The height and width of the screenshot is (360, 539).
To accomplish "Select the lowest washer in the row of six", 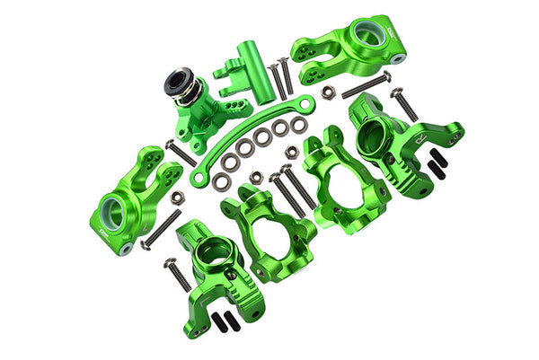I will [x=218, y=182].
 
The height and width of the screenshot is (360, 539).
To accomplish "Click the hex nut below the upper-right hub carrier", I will [x=329, y=91].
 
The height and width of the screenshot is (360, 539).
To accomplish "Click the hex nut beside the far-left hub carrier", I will [x=177, y=195].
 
